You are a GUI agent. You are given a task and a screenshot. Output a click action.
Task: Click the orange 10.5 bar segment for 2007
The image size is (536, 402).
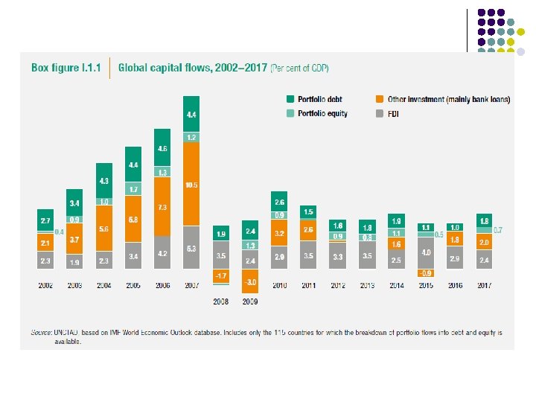(191, 184)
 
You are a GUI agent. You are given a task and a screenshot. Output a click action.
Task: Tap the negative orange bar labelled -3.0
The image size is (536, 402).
(251, 281)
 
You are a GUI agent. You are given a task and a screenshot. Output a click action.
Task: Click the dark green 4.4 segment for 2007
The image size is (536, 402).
(191, 114)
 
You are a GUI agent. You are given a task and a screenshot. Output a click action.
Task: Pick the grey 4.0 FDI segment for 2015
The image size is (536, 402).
(425, 252)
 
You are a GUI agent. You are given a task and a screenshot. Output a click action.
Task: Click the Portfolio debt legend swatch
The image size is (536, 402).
(291, 99)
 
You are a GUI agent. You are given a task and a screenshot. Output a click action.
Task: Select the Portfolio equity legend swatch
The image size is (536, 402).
(291, 114)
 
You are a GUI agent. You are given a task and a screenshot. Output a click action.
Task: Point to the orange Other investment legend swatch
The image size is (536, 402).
(380, 99)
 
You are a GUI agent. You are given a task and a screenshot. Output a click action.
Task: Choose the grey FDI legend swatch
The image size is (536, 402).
(380, 114)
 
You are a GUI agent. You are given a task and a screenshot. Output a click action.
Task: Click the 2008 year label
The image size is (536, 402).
(221, 301)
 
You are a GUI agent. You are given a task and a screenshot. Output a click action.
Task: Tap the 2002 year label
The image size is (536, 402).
(45, 284)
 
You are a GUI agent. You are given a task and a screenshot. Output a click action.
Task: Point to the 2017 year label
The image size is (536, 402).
(483, 284)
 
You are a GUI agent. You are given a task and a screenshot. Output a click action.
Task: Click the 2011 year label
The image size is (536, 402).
(308, 284)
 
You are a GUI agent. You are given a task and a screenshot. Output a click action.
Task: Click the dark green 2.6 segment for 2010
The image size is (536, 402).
(279, 201)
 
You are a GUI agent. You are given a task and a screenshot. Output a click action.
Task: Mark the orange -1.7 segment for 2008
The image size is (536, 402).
(221, 275)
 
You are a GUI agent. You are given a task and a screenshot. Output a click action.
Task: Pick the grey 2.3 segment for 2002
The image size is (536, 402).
(45, 261)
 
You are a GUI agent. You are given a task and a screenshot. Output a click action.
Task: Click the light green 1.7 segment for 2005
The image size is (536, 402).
(133, 190)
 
